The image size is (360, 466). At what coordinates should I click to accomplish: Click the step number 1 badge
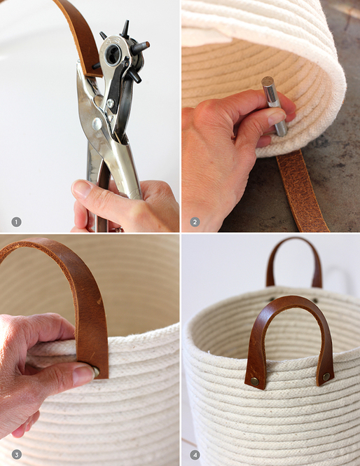(x=16, y=222)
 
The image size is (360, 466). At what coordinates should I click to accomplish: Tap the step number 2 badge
(x=195, y=222)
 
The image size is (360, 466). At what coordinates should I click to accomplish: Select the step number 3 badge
(x=16, y=454)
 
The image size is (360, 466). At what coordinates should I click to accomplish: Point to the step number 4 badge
(x=195, y=454)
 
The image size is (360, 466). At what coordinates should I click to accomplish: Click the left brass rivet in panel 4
(x=254, y=381)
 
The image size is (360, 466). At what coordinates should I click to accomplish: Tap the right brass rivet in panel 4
(x=326, y=376)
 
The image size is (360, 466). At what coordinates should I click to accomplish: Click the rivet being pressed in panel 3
(x=96, y=372)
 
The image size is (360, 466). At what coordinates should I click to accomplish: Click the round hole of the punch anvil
(x=113, y=55)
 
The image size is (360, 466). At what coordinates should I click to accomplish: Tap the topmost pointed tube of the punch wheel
(x=125, y=28)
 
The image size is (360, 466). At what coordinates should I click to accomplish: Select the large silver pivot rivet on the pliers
(x=97, y=123)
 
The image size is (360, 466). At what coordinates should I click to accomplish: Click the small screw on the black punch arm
(x=111, y=103)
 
